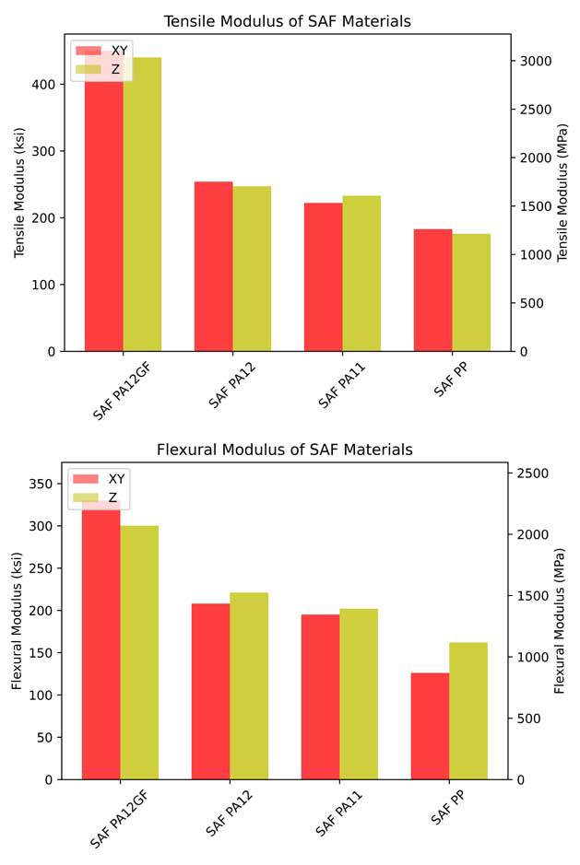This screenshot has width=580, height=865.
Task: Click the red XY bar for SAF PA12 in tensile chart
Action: coord(213,266)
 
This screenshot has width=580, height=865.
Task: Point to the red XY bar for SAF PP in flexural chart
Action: coord(430,726)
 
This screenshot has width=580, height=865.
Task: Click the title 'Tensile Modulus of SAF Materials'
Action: coord(287,21)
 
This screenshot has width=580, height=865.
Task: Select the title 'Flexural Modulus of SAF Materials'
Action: coord(285,450)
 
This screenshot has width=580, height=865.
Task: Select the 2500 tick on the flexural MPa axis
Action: coord(534,473)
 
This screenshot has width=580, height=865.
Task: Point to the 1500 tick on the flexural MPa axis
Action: coord(534,596)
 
